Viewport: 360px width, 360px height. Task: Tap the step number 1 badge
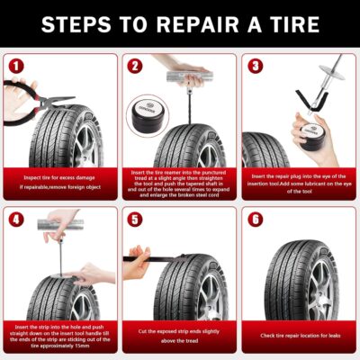point(15,65)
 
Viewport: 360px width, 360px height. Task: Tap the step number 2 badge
point(135,65)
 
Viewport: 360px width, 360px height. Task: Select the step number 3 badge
point(255,65)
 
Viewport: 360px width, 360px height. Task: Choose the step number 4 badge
point(15,218)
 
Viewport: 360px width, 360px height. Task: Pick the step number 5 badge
point(135,218)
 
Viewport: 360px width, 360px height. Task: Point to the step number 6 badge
point(255,218)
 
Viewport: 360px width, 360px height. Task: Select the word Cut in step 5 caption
point(143,330)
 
